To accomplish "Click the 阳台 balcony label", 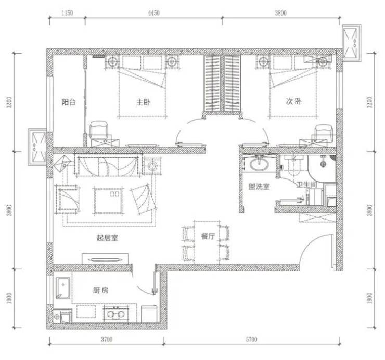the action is point(69,102).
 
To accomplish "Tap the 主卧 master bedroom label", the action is point(143,102).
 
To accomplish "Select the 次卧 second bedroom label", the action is point(293,101).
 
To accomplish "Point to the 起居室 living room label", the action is point(107,238).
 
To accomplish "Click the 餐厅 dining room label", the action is point(208,236).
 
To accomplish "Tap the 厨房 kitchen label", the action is point(100,290).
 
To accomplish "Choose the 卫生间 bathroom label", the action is point(306,184).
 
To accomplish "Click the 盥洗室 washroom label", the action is point(259,187).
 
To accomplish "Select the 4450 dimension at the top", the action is point(153,13).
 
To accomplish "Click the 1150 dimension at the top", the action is point(67,13).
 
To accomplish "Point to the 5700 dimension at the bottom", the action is point(251,339).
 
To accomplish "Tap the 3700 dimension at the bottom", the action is point(107,339).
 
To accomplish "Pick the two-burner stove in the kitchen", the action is point(116,314).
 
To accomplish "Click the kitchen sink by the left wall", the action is point(63,288).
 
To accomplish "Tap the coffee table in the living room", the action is point(108,201).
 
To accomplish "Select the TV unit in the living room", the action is point(105,259).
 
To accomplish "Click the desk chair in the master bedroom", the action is point(99,130).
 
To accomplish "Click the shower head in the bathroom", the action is point(323,163).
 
